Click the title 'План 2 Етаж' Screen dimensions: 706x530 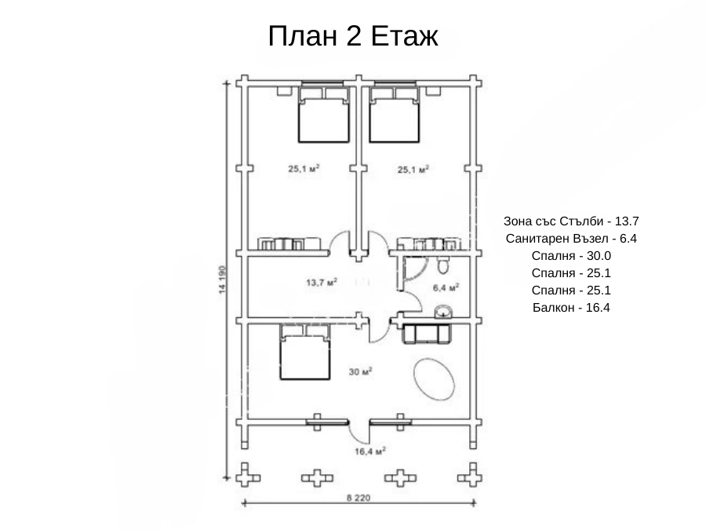pyautogui.click(x=353, y=36)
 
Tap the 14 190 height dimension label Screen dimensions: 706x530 pyautogui.click(x=222, y=280)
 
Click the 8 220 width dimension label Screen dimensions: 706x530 pyautogui.click(x=358, y=498)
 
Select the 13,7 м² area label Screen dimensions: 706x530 pyautogui.click(x=322, y=283)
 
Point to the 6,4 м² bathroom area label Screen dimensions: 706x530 pyautogui.click(x=446, y=287)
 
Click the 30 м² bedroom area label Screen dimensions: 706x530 pyautogui.click(x=360, y=372)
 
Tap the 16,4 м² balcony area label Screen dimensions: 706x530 pyautogui.click(x=370, y=451)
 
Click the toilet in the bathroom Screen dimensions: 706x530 pyautogui.click(x=443, y=265)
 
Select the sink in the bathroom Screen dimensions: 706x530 pyautogui.click(x=443, y=312)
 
